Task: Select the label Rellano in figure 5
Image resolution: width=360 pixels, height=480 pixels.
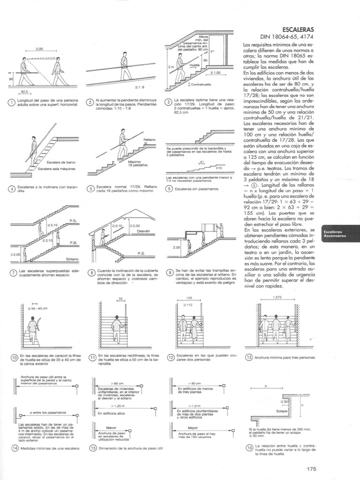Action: pyautogui.click(x=150, y=140)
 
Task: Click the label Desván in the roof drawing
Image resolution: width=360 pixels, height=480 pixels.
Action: pyautogui.click(x=143, y=231)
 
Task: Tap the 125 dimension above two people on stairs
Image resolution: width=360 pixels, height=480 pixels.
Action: pyautogui.click(x=189, y=298)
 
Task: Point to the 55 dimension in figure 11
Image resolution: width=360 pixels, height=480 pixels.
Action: pyautogui.click(x=120, y=298)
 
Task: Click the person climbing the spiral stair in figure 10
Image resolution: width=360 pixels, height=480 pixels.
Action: pyautogui.click(x=33, y=327)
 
